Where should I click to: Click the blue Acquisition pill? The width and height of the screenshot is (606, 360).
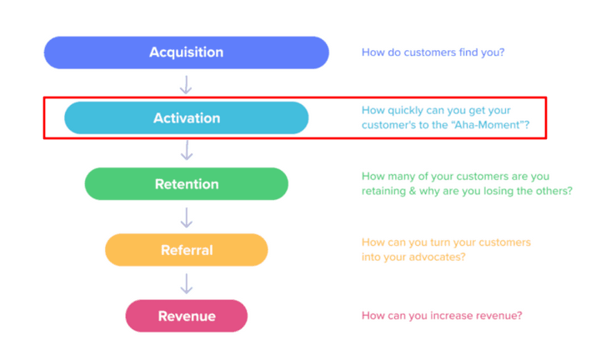click(186, 52)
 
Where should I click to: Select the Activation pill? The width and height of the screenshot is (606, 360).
click(186, 117)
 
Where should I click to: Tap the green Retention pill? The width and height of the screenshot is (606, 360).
click(186, 184)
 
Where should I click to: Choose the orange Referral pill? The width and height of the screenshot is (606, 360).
click(186, 250)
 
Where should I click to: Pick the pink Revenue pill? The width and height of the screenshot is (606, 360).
click(186, 316)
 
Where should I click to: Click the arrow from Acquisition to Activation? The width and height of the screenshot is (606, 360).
click(186, 85)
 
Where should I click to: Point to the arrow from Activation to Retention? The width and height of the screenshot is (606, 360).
click(187, 151)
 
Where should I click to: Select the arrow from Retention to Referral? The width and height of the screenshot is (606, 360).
click(187, 217)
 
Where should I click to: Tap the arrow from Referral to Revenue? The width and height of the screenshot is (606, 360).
click(187, 283)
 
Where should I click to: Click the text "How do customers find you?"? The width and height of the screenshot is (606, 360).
click(433, 52)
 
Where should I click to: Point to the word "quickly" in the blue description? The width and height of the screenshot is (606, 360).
click(405, 111)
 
